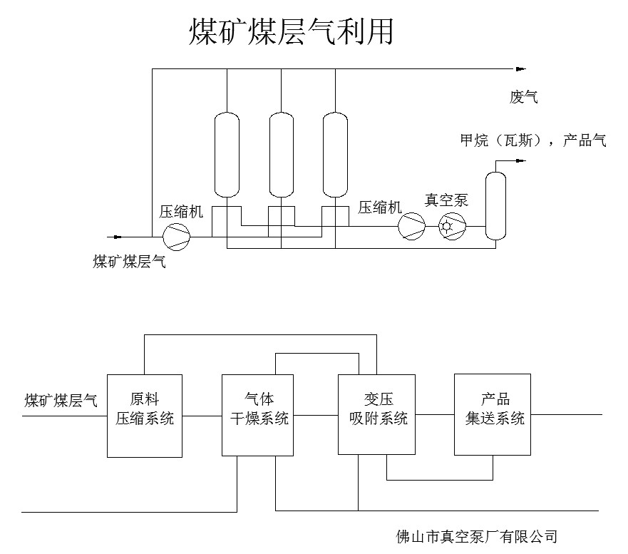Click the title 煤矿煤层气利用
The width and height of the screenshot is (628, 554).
click(x=291, y=32)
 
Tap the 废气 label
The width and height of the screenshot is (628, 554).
click(x=523, y=97)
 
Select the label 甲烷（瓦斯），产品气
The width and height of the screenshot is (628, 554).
click(x=533, y=140)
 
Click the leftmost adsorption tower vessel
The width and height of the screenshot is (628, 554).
click(x=227, y=154)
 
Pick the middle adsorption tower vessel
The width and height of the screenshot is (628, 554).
click(x=281, y=154)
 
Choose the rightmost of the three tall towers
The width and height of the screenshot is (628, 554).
click(x=335, y=154)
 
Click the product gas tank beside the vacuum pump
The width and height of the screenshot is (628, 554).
click(x=495, y=205)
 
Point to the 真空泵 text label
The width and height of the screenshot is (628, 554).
click(x=447, y=200)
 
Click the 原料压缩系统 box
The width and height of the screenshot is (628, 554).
click(x=145, y=415)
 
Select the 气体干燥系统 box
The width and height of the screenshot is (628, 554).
click(x=258, y=415)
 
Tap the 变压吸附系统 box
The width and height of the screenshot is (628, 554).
click(x=378, y=414)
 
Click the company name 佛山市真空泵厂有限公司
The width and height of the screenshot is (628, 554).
click(x=477, y=536)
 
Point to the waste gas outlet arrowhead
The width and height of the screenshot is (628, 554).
click(x=520, y=69)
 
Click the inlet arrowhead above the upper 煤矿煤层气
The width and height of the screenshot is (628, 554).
click(x=114, y=237)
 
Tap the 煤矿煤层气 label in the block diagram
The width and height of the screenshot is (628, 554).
click(x=61, y=400)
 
